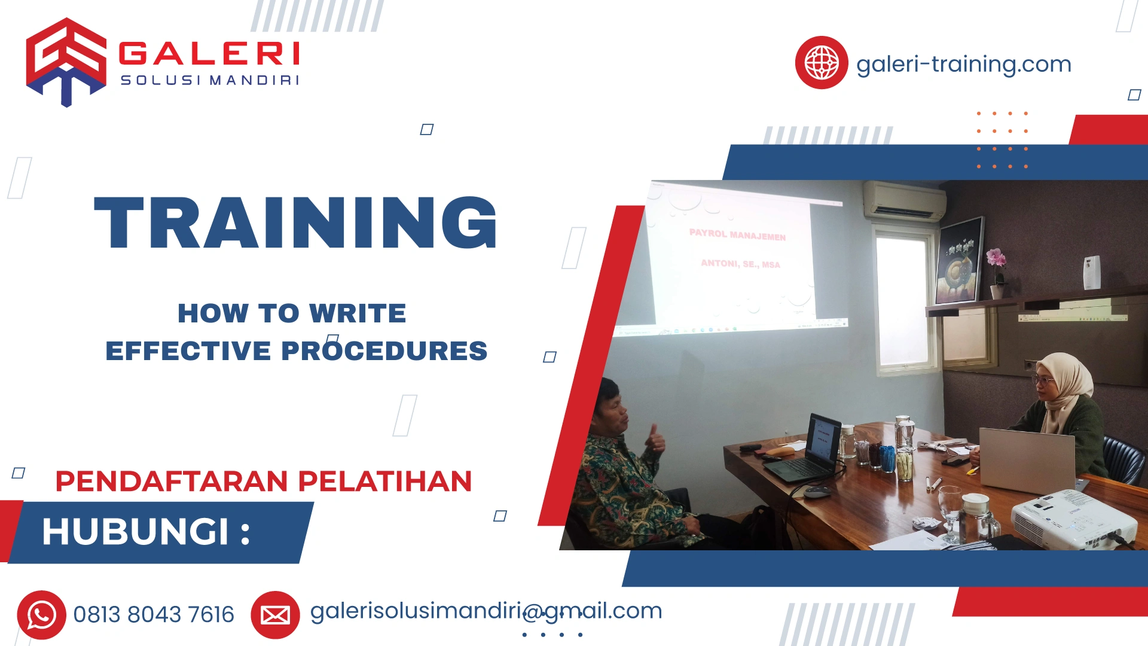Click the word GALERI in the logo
(209, 53)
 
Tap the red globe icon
(821, 63)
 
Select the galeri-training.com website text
(963, 64)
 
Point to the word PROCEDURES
(384, 351)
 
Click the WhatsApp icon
(41, 615)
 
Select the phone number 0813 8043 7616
(154, 615)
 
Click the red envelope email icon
(275, 615)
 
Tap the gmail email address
(486, 611)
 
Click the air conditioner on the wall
(904, 201)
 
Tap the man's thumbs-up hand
(655, 440)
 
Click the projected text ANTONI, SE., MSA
(740, 264)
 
